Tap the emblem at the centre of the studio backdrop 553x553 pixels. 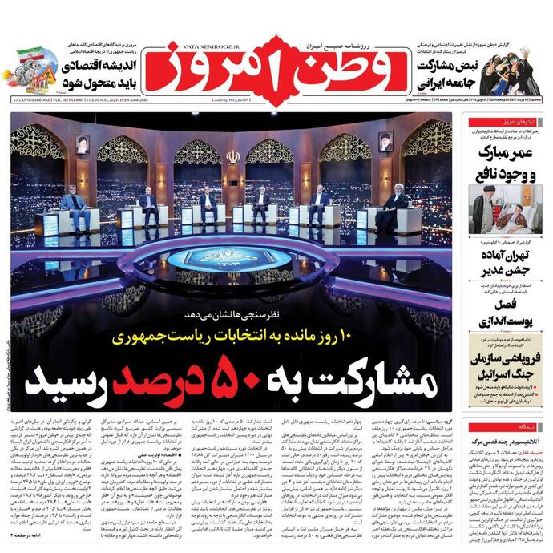point(232,156)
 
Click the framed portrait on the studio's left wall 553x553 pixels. point(82,144)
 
